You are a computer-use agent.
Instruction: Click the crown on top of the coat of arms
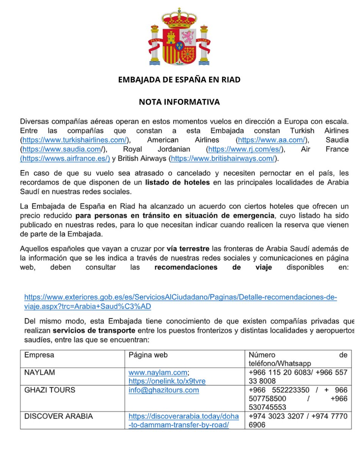point(179,17)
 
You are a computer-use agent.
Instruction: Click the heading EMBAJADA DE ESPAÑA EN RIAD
point(179,80)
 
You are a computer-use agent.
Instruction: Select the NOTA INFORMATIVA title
point(179,102)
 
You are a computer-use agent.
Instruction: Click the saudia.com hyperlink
point(62,149)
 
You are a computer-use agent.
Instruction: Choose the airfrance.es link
point(65,158)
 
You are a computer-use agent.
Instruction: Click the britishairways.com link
point(223,158)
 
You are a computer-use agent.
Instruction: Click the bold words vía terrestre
point(188,249)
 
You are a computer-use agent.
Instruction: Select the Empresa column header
point(39,355)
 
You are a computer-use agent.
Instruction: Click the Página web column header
point(148,355)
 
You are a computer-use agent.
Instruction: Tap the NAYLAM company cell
point(39,372)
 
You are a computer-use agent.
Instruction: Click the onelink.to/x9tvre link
point(167,381)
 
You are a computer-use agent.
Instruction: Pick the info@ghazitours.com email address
point(163,390)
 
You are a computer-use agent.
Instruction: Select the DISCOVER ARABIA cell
point(58,416)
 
